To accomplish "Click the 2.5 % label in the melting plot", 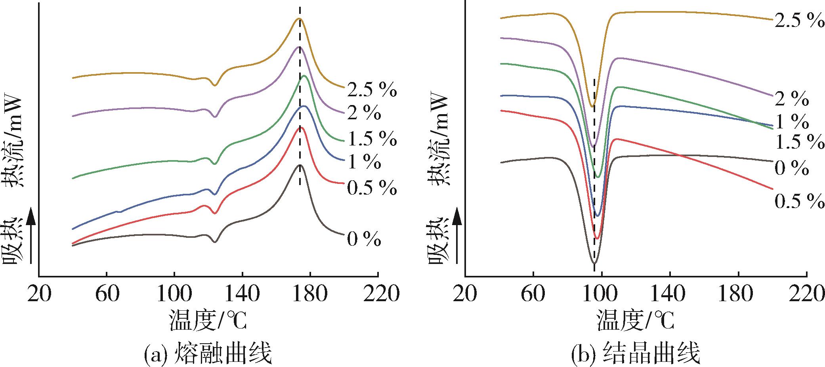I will [372, 91].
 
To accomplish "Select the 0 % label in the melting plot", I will [364, 240].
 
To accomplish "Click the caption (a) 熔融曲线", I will [208, 354].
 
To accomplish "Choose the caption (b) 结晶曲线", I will [635, 354].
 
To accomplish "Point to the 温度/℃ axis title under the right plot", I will [636, 320].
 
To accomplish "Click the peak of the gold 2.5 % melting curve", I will [300, 19].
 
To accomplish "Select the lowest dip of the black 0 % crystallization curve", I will [594, 263].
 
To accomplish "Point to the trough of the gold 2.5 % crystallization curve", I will [592, 106].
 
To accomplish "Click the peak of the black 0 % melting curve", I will [300, 165].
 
